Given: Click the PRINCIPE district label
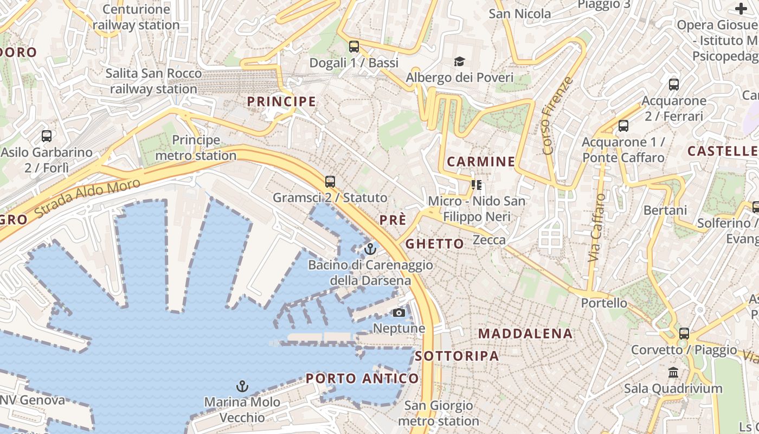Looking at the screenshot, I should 281,101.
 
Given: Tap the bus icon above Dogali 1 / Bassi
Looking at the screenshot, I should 354,47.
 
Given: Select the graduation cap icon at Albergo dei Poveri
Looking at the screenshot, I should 459,61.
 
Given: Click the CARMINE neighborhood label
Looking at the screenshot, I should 481,161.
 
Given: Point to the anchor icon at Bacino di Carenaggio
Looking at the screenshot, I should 370,249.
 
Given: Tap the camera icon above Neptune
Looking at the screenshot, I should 398,312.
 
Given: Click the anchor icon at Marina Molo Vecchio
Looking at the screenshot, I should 242,386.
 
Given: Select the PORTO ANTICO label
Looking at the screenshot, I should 362,378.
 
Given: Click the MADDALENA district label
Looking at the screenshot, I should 525,334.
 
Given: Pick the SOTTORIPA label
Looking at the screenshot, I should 457,356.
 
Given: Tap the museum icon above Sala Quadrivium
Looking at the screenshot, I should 673,373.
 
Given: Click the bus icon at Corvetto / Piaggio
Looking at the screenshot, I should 684,333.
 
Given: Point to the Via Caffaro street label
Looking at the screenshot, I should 596,228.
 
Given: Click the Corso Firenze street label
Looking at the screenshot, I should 557,115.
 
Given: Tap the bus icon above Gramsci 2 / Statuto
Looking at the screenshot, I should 330,181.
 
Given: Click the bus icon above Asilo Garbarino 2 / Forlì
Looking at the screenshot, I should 47,136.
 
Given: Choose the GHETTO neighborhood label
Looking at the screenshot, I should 434,244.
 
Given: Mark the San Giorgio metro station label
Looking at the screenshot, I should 439,413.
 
